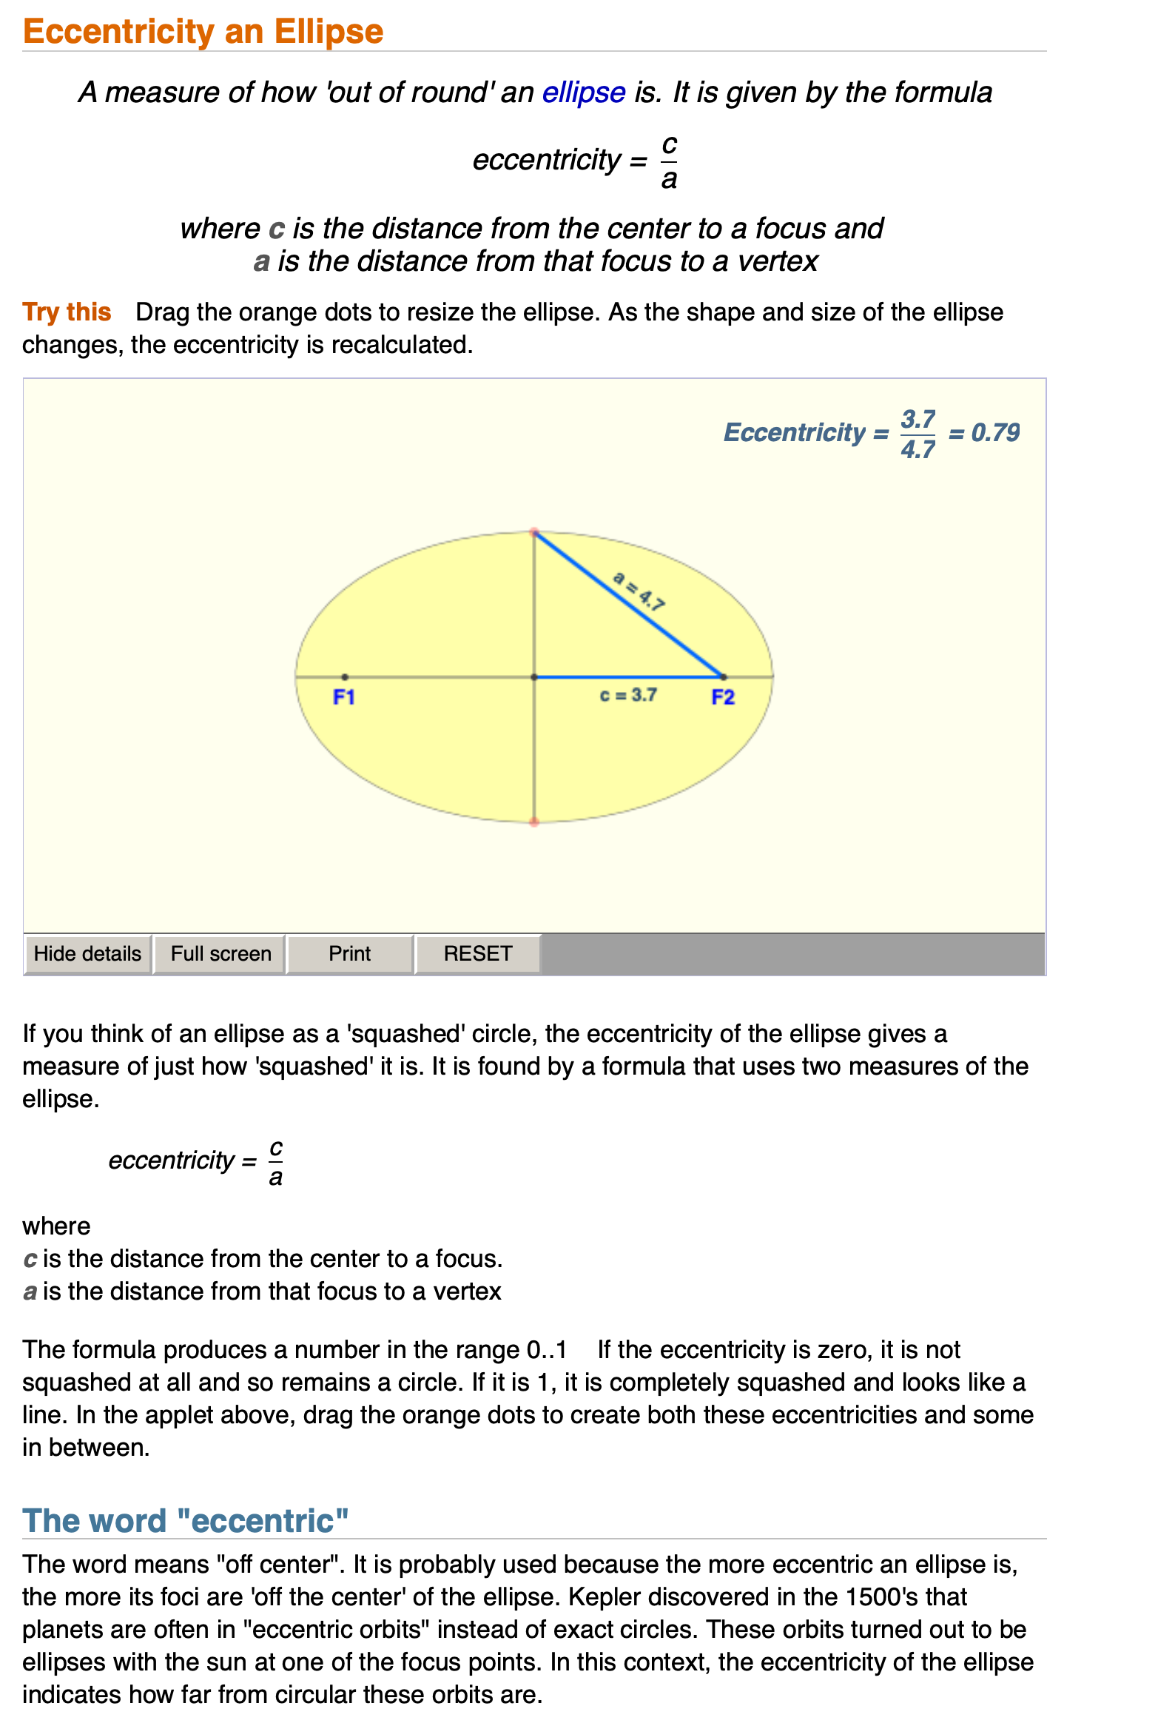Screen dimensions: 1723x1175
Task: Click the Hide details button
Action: pyautogui.click(x=87, y=953)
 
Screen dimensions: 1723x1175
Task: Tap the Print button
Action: pyautogui.click(x=349, y=953)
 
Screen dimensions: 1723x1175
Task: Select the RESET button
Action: pyautogui.click(x=477, y=953)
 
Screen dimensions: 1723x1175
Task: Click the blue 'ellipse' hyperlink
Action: pyautogui.click(x=583, y=93)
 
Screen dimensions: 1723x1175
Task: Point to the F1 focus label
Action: pyautogui.click(x=344, y=697)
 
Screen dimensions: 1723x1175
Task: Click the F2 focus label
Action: pyautogui.click(x=723, y=697)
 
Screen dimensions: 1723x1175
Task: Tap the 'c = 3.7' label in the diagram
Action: pyautogui.click(x=628, y=695)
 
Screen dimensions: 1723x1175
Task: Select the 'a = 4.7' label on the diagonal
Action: pyautogui.click(x=639, y=590)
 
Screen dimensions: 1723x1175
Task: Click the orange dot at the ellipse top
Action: pyautogui.click(x=534, y=532)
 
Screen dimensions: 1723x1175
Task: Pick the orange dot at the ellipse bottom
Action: pyautogui.click(x=534, y=822)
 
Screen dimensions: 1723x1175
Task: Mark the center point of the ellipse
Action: pyautogui.click(x=534, y=677)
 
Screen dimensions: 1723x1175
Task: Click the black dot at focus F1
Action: pyautogui.click(x=345, y=677)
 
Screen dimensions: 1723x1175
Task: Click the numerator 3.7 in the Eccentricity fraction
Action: pyautogui.click(x=918, y=419)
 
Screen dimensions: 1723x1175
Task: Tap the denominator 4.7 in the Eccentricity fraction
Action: pyautogui.click(x=918, y=449)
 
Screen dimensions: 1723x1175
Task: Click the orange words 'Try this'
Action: pyautogui.click(x=67, y=312)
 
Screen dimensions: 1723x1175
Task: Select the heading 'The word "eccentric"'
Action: pyautogui.click(x=185, y=1522)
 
